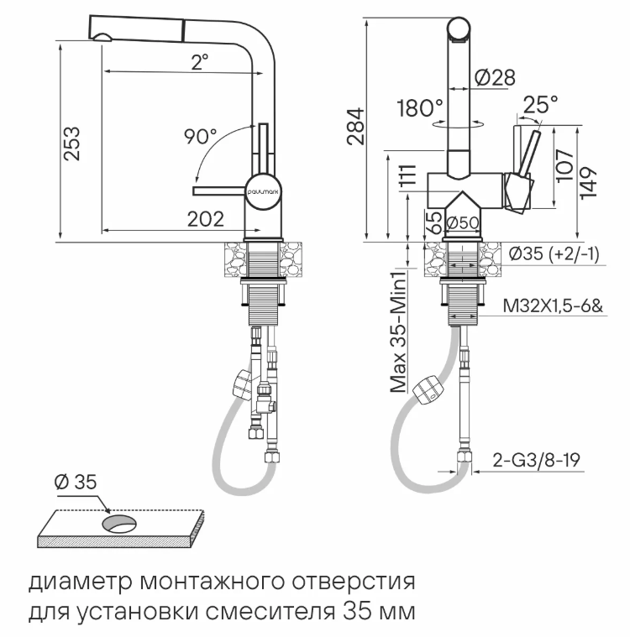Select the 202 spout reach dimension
tap(205, 219)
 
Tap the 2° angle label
tap(199, 61)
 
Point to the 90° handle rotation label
tap(201, 135)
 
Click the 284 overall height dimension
tap(356, 126)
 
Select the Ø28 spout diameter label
tap(495, 77)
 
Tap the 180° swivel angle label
tap(420, 108)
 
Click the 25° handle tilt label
tap(539, 104)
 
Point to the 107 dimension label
tap(564, 165)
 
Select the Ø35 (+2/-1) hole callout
tap(554, 254)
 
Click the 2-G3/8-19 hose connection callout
tap(538, 460)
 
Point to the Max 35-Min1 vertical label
tap(401, 328)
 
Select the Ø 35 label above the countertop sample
tap(76, 482)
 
